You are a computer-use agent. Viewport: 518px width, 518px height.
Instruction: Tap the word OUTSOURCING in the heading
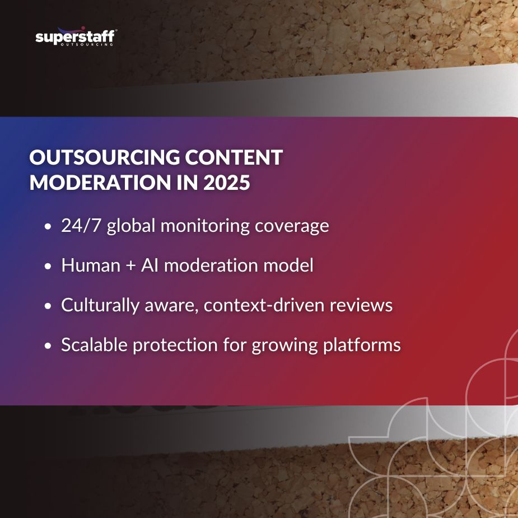104,158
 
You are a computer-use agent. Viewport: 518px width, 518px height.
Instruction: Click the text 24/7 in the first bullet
82,226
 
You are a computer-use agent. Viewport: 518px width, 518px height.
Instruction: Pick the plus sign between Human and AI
130,266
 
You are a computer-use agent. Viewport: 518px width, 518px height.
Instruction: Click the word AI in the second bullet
150,265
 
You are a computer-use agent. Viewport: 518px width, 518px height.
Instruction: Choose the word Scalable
94,345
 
